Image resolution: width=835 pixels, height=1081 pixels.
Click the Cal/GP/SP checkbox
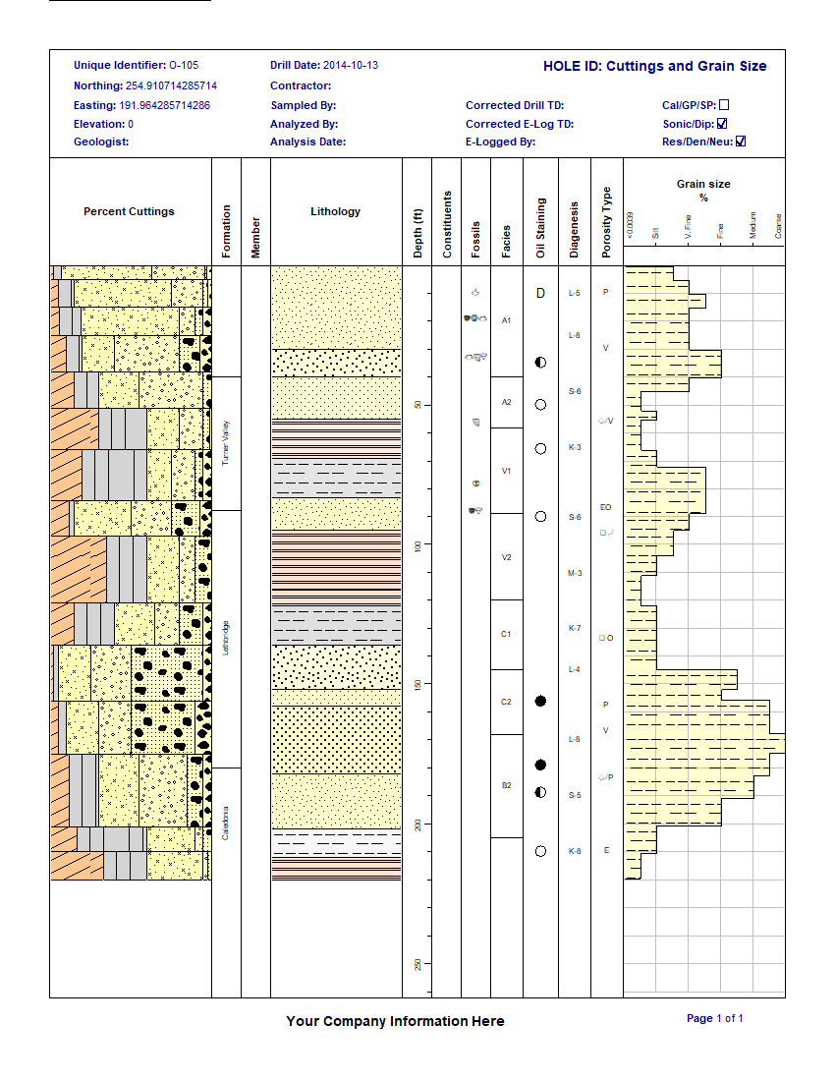pos(724,105)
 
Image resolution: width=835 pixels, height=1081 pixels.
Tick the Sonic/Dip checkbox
pos(722,124)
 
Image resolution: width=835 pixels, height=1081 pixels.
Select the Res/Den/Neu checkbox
pos(741,142)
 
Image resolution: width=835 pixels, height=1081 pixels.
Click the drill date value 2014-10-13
pos(351,66)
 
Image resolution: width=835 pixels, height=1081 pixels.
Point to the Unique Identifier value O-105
pos(184,66)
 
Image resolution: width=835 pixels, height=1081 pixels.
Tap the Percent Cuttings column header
pos(129,211)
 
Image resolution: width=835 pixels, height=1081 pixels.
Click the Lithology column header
pos(335,211)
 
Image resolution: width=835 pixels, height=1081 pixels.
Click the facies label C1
pos(506,634)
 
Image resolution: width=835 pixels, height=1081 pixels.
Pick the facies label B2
pos(506,785)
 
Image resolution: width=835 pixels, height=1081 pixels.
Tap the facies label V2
pos(506,557)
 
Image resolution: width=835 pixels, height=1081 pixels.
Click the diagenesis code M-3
pos(575,573)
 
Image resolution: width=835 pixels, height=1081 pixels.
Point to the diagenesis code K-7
pos(575,628)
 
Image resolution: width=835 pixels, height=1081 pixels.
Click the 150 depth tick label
pos(417,684)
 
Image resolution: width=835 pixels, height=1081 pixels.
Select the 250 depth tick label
pos(417,964)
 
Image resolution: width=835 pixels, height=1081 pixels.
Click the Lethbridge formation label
pos(226,639)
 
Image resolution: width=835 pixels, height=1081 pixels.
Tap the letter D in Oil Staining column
pos(540,293)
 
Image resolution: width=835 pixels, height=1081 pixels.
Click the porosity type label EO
pos(605,507)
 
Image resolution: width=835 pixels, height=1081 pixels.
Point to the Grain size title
pos(703,184)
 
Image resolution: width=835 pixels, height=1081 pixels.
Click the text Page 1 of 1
pos(714,1018)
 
